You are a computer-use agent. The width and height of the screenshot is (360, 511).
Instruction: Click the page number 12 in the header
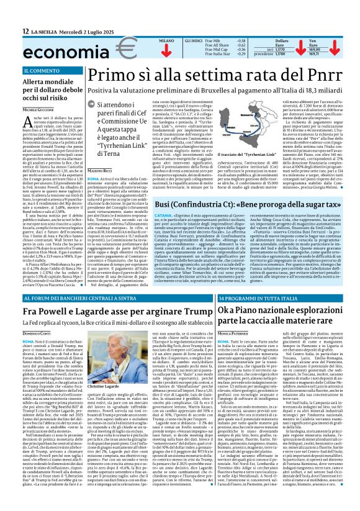pyautogui.click(x=25, y=30)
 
